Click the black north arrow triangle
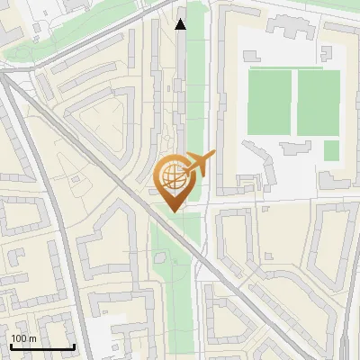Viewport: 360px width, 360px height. (181, 24)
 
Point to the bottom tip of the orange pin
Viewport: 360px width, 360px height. (174, 211)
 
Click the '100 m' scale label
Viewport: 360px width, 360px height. (22, 338)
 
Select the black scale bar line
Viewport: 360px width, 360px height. (41, 346)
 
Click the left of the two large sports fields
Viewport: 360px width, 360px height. (270, 103)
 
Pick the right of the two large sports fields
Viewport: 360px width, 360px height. (318, 103)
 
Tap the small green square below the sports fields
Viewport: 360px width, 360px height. (331, 150)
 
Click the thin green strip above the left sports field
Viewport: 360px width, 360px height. (270, 67)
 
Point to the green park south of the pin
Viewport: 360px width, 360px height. (171, 270)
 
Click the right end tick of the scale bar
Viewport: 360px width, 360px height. (74, 346)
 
